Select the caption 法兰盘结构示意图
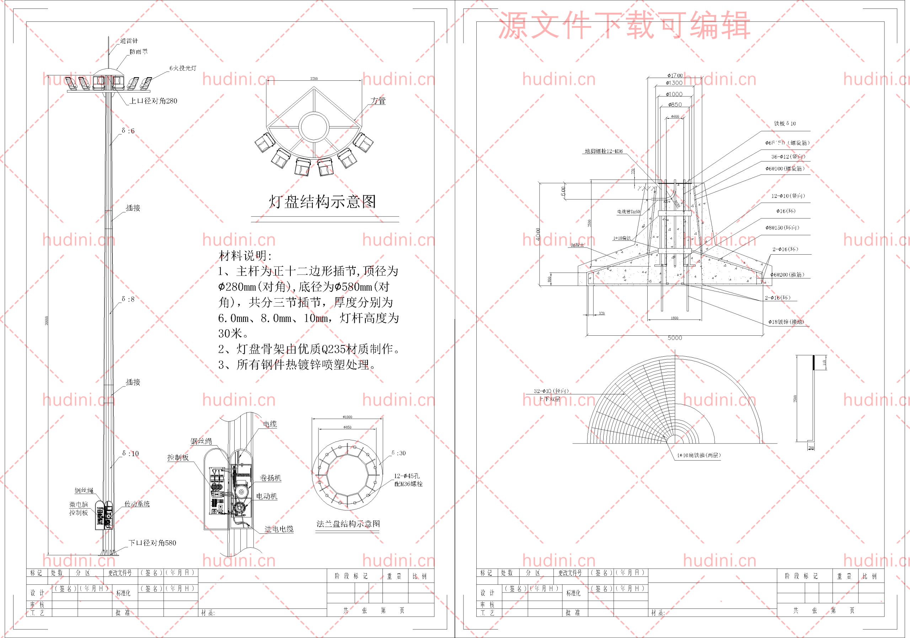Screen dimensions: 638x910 pyautogui.click(x=348, y=524)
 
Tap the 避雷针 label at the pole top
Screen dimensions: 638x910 pyautogui.click(x=129, y=41)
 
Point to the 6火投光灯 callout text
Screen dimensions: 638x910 pyautogui.click(x=183, y=68)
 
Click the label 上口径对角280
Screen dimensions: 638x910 pyautogui.click(x=153, y=101)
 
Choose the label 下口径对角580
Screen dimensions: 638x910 pyautogui.click(x=152, y=543)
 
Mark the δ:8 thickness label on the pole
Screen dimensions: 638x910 pyautogui.click(x=128, y=299)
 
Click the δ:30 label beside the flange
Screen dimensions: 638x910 pyautogui.click(x=399, y=453)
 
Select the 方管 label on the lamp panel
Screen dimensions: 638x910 pyautogui.click(x=378, y=101)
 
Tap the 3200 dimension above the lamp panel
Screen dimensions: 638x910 pyautogui.click(x=314, y=79)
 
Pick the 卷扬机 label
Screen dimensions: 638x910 pyautogui.click(x=270, y=478)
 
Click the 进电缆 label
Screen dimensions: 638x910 pyautogui.click(x=279, y=529)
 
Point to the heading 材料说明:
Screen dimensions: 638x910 pyautogui.click(x=245, y=256)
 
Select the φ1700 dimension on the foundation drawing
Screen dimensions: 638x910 pyautogui.click(x=675, y=75)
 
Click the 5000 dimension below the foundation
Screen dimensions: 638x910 pyautogui.click(x=675, y=338)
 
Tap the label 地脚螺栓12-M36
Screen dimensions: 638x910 pyautogui.click(x=604, y=151)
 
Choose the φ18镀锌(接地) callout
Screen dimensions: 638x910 pyautogui.click(x=786, y=322)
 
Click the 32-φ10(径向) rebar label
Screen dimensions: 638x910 pyautogui.click(x=551, y=391)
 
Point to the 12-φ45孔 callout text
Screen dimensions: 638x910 pyautogui.click(x=407, y=476)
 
